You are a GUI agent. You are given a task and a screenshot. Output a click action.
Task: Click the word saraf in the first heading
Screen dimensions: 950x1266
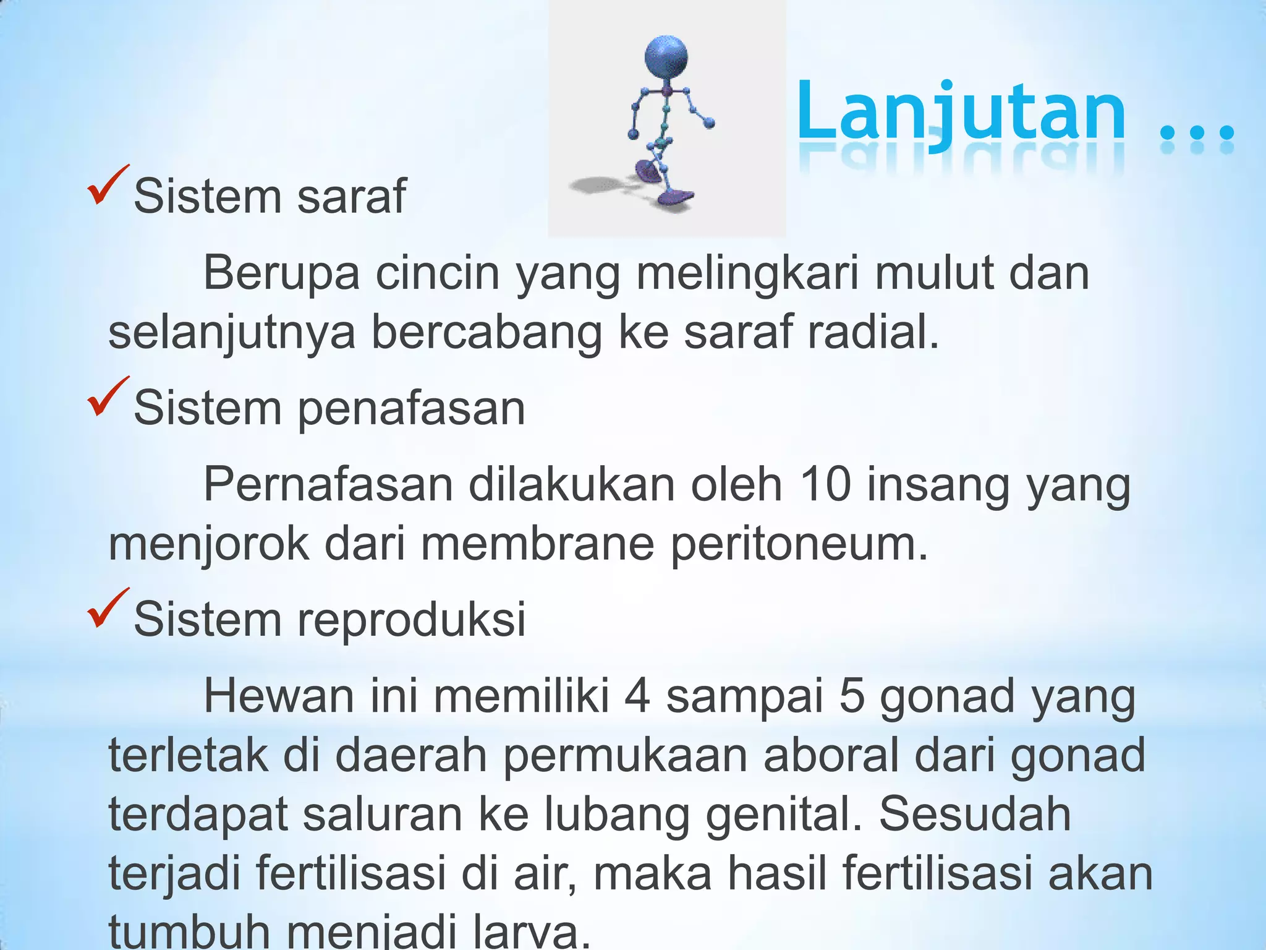coord(351,197)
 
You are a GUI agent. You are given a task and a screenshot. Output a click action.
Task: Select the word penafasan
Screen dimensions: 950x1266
coord(411,409)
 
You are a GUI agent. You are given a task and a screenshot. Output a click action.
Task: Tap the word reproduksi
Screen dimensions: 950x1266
coord(411,620)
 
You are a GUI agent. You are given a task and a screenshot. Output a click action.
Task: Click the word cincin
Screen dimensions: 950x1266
coord(437,273)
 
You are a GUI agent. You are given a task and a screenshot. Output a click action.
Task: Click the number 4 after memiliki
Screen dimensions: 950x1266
coord(637,696)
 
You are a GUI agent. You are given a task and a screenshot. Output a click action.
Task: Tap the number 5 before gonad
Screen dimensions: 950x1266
coord(852,696)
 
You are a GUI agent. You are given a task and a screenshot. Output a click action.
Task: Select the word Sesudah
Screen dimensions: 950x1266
coord(975,814)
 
